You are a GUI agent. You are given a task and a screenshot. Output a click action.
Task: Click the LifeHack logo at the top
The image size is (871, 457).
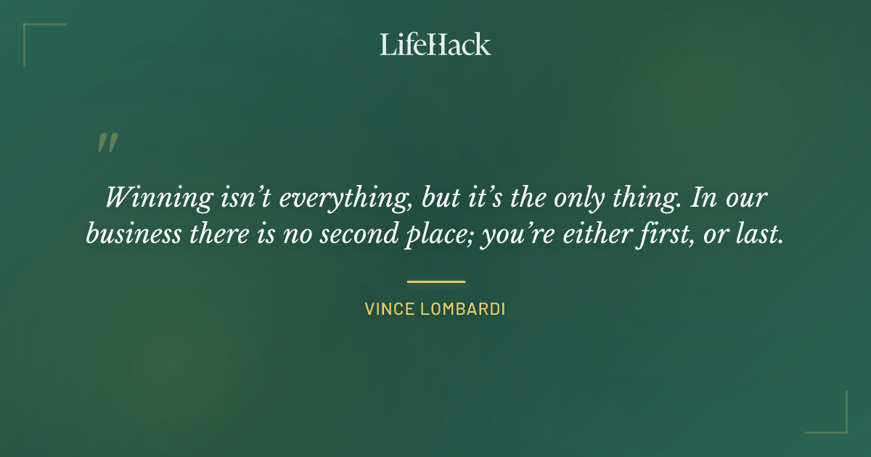click(x=435, y=44)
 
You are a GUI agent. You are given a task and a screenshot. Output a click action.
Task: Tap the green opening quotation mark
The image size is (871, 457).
click(x=107, y=143)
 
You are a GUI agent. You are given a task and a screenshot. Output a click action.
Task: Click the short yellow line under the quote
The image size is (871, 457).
click(x=435, y=281)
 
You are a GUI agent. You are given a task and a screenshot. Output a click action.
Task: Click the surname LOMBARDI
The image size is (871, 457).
click(x=462, y=309)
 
